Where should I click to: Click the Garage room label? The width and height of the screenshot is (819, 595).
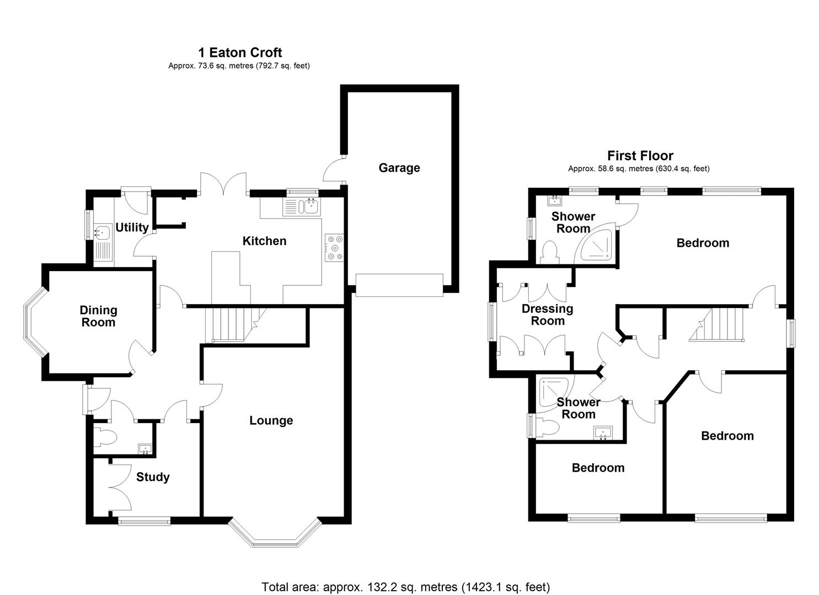399,167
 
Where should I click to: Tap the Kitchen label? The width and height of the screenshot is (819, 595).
264,241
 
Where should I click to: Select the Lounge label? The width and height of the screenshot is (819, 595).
271,420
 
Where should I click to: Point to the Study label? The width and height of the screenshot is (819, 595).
153,477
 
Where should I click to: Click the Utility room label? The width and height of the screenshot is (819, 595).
132,228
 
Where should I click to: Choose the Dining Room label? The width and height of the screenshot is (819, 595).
98,316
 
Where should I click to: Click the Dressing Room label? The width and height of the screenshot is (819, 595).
547,315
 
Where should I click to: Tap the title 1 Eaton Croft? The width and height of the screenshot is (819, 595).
240,52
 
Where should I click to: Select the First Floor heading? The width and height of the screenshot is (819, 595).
640,156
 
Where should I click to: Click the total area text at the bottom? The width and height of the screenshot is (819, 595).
405,587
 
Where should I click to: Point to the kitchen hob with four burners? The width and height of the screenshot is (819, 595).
335,247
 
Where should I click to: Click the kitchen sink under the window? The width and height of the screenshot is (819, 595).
308,207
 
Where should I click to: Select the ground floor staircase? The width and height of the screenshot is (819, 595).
228,325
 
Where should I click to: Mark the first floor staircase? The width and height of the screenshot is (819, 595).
718,324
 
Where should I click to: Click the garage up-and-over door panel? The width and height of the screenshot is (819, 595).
399,285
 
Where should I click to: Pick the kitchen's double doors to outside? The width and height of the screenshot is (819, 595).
223,183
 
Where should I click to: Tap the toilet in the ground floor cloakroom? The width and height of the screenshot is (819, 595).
106,437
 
